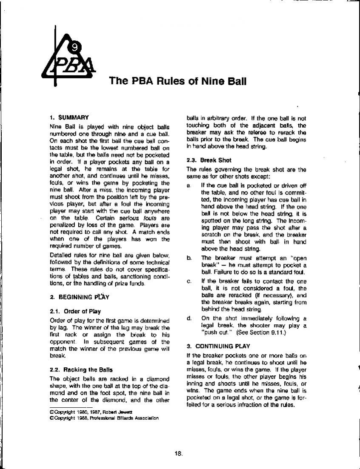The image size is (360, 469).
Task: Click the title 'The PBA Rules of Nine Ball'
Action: [178, 80]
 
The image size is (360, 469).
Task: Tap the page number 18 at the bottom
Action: [178, 454]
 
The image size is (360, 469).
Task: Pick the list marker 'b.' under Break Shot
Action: [189, 258]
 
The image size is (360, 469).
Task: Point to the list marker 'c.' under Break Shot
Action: [189, 281]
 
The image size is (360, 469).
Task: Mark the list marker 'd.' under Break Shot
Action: [189, 318]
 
